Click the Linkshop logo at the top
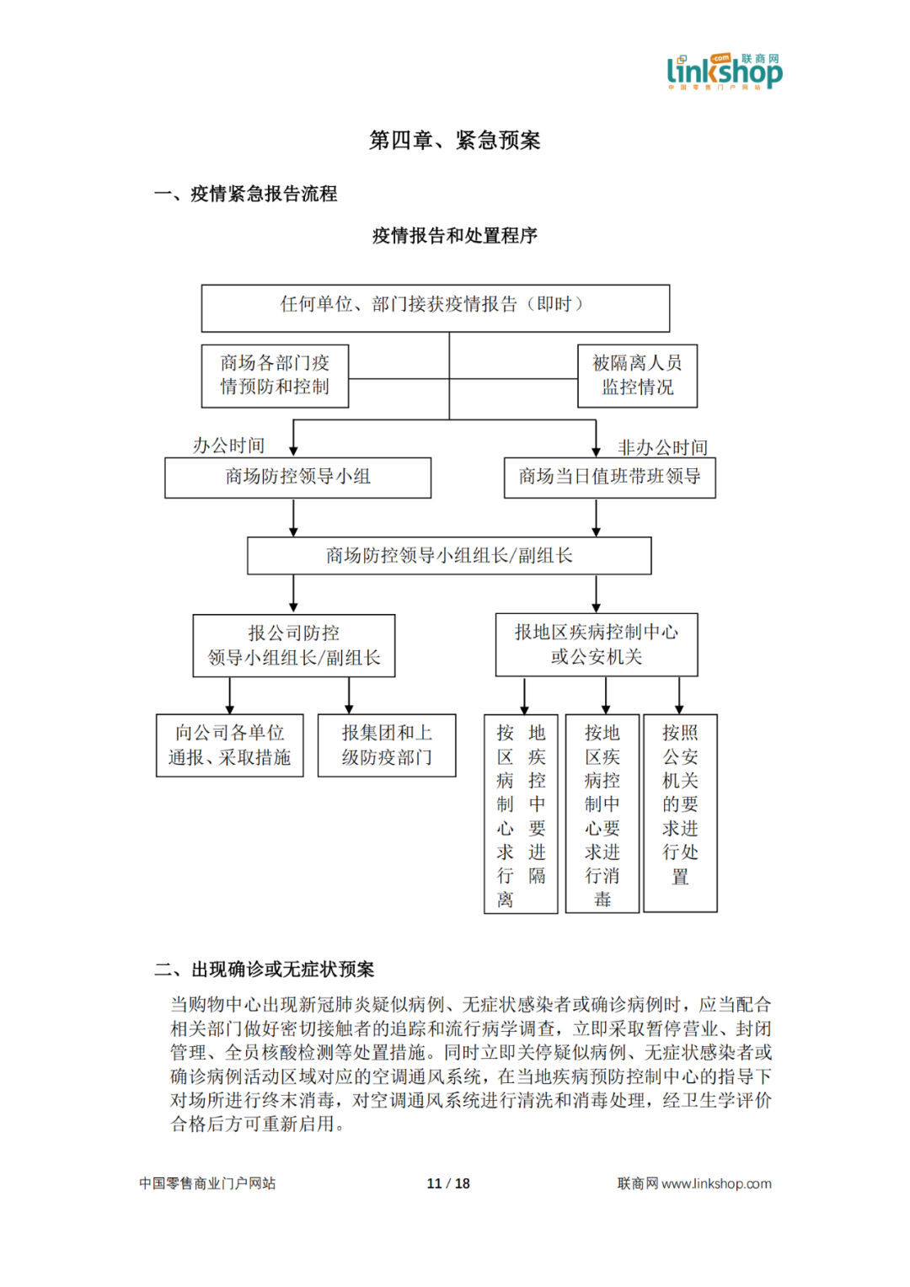click(724, 71)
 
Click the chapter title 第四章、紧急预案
click(454, 140)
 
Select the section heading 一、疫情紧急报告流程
click(245, 194)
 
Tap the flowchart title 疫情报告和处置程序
click(454, 236)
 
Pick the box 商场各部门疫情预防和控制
click(275, 376)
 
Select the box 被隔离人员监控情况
click(637, 376)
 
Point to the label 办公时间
click(228, 445)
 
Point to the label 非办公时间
click(662, 447)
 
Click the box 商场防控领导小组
click(297, 478)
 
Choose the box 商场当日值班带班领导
click(609, 478)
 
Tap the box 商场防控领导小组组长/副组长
click(448, 556)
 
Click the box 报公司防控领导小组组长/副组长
click(293, 645)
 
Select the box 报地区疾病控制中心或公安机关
click(596, 644)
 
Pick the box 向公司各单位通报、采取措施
click(229, 745)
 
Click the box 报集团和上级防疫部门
click(386, 745)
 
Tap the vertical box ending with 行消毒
click(602, 814)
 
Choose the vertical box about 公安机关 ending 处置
click(680, 814)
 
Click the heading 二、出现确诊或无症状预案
click(264, 969)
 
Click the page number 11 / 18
click(448, 1183)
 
